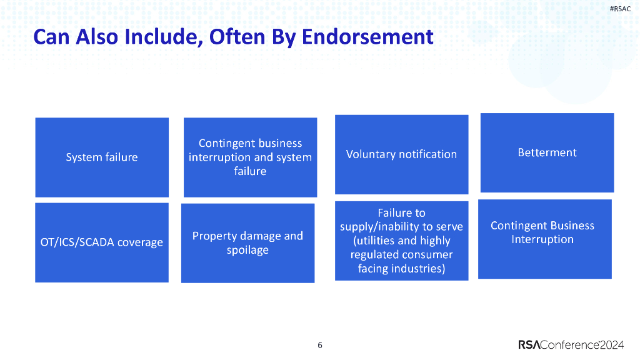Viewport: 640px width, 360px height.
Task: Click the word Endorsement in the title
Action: [367, 37]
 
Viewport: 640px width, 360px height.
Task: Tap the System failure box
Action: [102, 157]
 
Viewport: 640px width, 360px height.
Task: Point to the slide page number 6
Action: [320, 345]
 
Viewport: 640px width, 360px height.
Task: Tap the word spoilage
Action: [247, 251]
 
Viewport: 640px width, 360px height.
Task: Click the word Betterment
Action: [547, 152]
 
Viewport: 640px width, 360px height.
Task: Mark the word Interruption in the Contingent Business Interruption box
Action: [542, 239]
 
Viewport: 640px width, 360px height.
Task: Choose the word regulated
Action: [376, 255]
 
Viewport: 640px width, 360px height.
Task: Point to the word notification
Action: [428, 154]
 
